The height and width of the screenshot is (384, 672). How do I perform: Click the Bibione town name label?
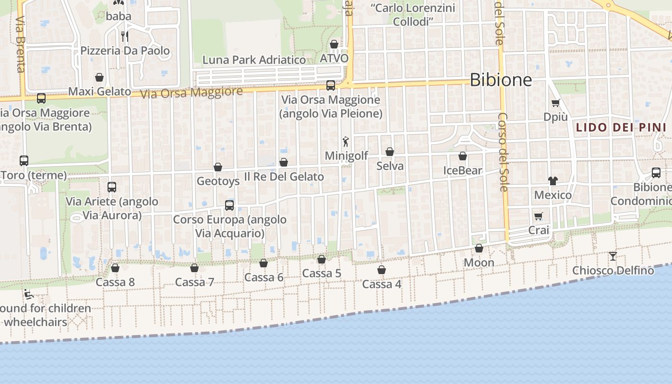click(501, 80)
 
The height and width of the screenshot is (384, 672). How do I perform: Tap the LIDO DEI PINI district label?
click(621, 128)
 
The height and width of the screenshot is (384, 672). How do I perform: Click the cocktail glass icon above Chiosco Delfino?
click(612, 256)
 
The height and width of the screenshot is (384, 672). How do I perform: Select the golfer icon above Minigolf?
click(346, 142)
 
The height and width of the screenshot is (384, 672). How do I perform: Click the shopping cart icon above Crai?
click(538, 216)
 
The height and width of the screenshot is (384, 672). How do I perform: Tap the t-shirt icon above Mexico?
click(553, 181)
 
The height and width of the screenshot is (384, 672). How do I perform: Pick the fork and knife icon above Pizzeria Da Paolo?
click(125, 36)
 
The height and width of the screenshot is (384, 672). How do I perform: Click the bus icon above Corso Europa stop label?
click(229, 205)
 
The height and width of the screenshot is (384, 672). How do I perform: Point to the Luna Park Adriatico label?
click(254, 60)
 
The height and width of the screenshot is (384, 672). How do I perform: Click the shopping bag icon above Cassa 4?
click(382, 270)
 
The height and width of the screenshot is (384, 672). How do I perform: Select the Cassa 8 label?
click(115, 282)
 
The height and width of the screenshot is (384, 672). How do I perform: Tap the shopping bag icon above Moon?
click(479, 249)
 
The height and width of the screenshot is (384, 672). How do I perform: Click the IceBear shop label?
click(463, 170)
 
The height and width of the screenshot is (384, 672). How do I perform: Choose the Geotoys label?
click(218, 181)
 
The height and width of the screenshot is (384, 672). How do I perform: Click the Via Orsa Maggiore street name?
click(192, 92)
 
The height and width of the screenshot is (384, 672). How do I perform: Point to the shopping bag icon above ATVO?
click(334, 45)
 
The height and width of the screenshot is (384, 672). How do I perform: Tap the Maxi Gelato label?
click(100, 92)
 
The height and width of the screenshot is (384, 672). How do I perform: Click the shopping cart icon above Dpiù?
click(556, 103)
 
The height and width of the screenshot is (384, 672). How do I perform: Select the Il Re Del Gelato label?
click(284, 177)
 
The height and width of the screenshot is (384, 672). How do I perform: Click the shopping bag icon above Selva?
click(390, 152)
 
